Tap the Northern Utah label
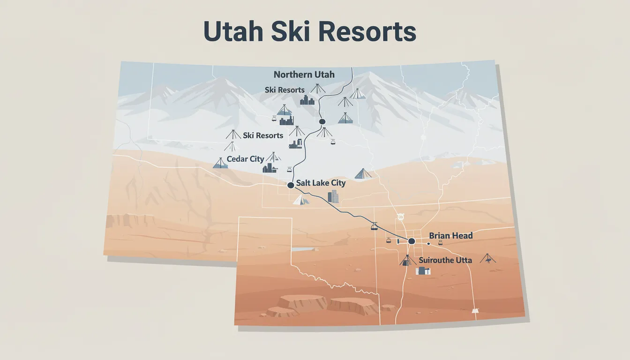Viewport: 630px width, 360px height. (305, 75)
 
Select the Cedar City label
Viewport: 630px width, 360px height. (245, 159)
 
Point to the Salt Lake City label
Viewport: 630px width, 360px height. (321, 183)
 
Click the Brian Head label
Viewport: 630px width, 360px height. (450, 236)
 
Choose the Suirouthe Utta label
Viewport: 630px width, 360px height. (445, 260)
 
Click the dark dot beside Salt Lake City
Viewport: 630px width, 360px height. (291, 185)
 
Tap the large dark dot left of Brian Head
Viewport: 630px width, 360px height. (412, 241)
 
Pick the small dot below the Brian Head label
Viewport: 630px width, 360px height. (428, 244)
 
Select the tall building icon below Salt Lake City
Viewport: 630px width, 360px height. (333, 196)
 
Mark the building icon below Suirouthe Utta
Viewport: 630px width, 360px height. (423, 270)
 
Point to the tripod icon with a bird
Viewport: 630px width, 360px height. (487, 258)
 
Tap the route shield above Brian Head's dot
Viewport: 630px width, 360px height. (400, 217)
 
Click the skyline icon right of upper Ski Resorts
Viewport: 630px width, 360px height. (307, 100)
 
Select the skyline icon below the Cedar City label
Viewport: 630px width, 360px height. (270, 168)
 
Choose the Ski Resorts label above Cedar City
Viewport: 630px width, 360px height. (263, 135)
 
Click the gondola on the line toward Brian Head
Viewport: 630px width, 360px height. (374, 227)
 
